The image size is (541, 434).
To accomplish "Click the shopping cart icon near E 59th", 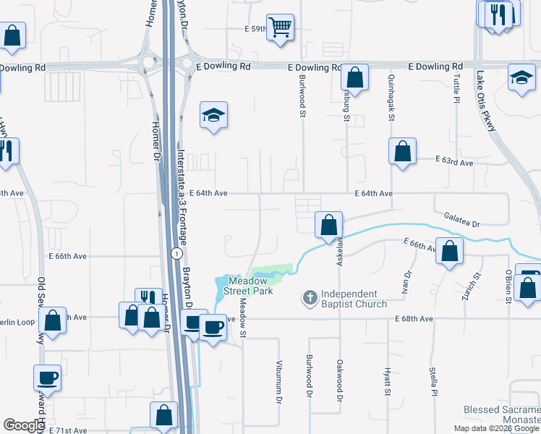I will point(280,27).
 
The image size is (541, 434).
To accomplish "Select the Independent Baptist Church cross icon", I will point(310,297).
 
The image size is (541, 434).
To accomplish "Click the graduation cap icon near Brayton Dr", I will point(213,115).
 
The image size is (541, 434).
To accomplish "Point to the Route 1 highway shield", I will point(176,253).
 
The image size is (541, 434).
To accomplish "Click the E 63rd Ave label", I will point(453,162).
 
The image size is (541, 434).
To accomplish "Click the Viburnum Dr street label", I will point(278,381).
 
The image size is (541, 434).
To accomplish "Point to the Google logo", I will point(24,425).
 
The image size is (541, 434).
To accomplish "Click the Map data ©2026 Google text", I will point(495,428).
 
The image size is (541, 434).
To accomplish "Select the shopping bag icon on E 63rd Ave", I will point(403,151).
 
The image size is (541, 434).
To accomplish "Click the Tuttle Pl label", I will point(456,90).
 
